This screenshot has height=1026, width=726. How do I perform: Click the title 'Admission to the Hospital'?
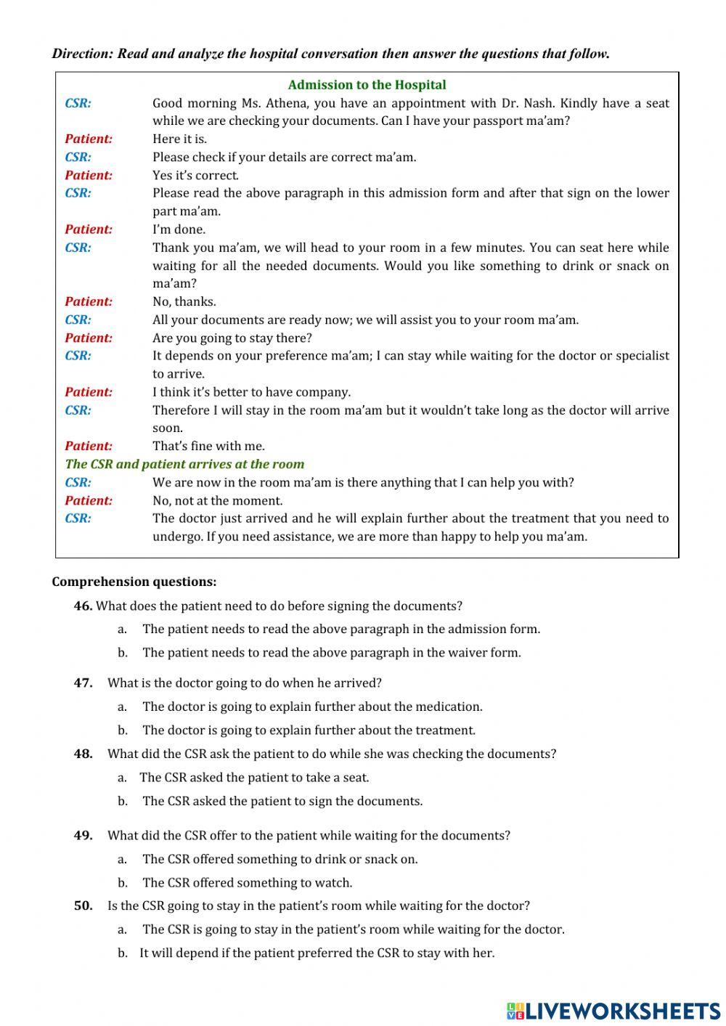[x=367, y=85]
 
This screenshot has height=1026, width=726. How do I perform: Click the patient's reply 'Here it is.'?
[x=179, y=139]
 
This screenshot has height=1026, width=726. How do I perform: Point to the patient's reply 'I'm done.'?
[x=179, y=229]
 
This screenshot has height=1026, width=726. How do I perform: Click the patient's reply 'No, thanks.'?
[x=184, y=301]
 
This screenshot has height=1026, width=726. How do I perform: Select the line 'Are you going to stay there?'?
[x=232, y=338]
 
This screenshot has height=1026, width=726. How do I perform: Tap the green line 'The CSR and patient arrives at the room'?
[x=184, y=464]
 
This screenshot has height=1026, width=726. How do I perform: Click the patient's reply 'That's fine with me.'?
[x=208, y=446]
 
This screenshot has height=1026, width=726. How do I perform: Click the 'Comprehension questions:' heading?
[x=134, y=582]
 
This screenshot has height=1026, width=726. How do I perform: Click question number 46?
[x=83, y=606]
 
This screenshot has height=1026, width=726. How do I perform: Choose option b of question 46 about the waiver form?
[x=331, y=652]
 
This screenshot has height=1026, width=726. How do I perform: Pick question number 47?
[x=83, y=683]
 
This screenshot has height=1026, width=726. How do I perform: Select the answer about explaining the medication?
[x=312, y=707]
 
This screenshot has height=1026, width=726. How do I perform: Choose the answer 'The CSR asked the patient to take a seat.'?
[x=254, y=778]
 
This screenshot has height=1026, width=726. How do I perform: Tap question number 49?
[x=83, y=835]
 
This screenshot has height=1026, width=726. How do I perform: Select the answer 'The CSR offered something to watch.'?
[x=247, y=883]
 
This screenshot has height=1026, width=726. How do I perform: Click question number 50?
[x=83, y=905]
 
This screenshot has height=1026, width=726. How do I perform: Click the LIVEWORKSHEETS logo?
[x=613, y=1010]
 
